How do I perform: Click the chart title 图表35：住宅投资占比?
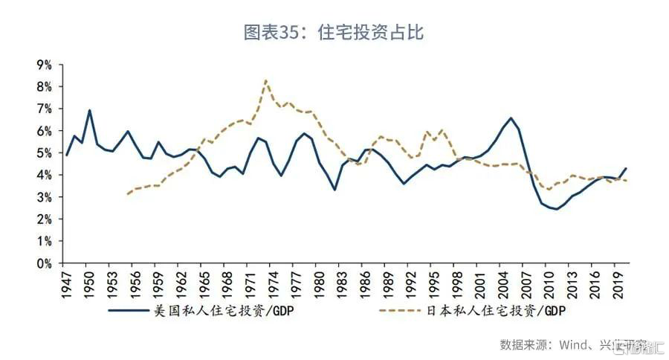pos(334,33)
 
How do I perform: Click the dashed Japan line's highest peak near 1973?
pos(265,80)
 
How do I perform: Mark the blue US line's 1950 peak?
pos(90,111)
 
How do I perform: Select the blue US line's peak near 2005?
pos(511,118)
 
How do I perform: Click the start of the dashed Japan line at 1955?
pos(128,194)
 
